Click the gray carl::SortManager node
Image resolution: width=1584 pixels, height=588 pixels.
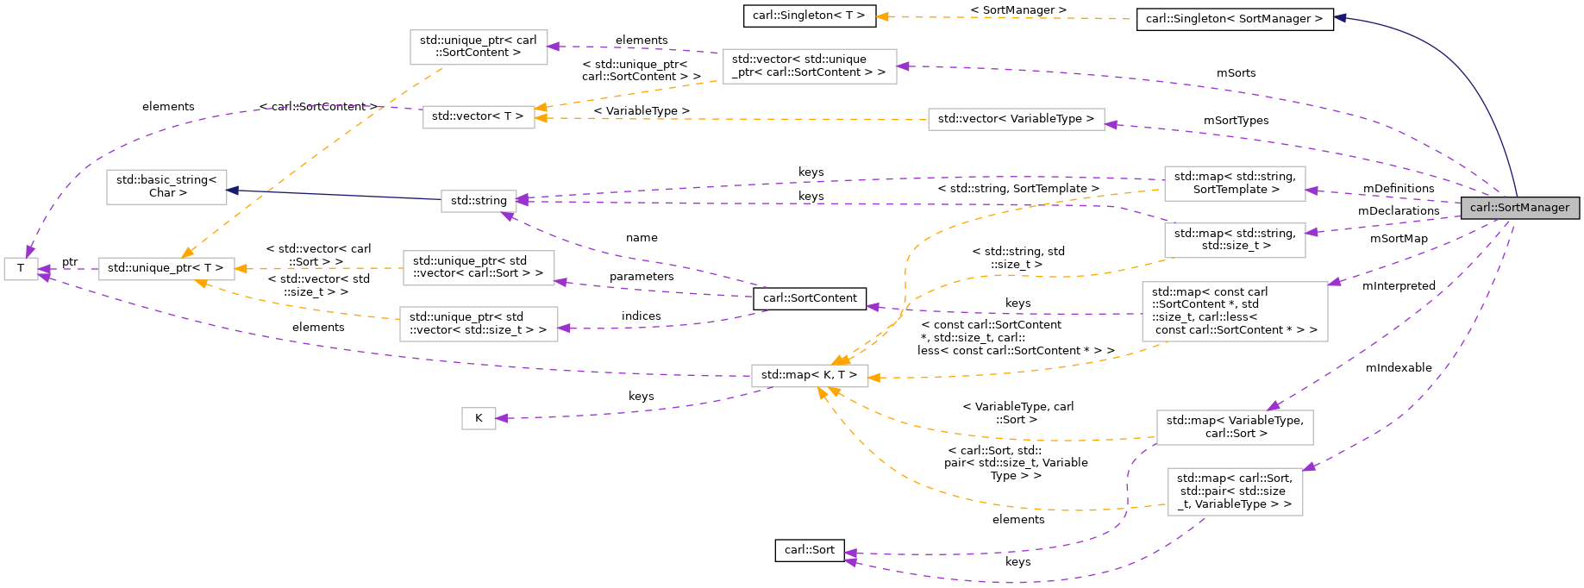pos(1519,208)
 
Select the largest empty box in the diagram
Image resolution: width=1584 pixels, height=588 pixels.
pos(1234,311)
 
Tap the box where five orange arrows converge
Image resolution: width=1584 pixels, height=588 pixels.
pos(809,376)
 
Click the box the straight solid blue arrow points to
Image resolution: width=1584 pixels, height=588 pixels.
pos(166,187)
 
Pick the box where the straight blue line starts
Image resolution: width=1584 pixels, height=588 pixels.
pos(479,201)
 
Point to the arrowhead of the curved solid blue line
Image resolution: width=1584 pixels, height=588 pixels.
pos(1340,17)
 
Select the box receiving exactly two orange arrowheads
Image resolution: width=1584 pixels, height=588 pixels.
pos(479,117)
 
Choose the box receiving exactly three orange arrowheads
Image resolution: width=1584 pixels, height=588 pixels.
pos(166,269)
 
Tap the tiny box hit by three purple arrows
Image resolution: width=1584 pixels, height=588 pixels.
pos(21,269)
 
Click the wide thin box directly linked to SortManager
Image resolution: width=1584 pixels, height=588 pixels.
pos(1016,119)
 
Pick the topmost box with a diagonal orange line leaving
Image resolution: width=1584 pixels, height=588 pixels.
pos(479,47)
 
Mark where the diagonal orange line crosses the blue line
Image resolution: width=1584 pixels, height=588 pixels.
pos(261,191)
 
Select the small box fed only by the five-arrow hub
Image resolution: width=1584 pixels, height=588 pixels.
pos(479,418)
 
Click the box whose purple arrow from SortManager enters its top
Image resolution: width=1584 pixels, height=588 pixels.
pos(1234,428)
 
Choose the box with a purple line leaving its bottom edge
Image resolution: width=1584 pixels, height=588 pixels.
pos(1234,492)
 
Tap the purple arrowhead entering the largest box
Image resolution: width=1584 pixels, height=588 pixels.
pos(1334,282)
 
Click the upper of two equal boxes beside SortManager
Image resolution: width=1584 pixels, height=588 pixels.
pos(1234,184)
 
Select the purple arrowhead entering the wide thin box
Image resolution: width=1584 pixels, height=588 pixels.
pos(1111,125)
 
